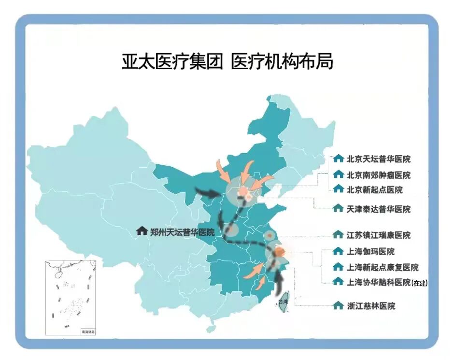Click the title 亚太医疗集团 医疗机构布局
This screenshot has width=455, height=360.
click(x=227, y=62)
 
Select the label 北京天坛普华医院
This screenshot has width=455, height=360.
click(x=379, y=159)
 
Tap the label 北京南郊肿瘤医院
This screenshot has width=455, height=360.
click(x=379, y=175)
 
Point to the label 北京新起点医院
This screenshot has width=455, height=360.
click(x=374, y=189)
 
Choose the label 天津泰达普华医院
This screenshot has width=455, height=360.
click(x=379, y=209)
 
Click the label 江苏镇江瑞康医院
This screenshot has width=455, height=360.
click(x=379, y=235)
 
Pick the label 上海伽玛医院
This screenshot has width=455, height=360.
click(x=370, y=252)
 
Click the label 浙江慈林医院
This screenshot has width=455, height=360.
click(x=370, y=306)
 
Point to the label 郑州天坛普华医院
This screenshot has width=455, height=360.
click(x=182, y=232)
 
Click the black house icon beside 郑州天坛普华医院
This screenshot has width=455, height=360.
click(x=142, y=231)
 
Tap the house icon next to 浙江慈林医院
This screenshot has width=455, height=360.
click(x=338, y=306)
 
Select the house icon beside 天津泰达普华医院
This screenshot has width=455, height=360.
click(x=338, y=209)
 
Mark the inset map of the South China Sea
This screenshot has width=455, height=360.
click(x=71, y=298)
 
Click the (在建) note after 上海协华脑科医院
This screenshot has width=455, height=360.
click(x=420, y=283)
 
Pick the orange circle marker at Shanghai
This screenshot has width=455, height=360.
click(x=280, y=252)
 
